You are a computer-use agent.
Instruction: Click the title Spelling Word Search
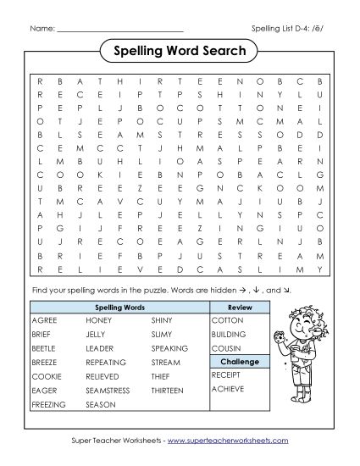180,52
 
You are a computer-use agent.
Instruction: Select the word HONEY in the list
98,321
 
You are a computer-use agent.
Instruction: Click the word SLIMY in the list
162,335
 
